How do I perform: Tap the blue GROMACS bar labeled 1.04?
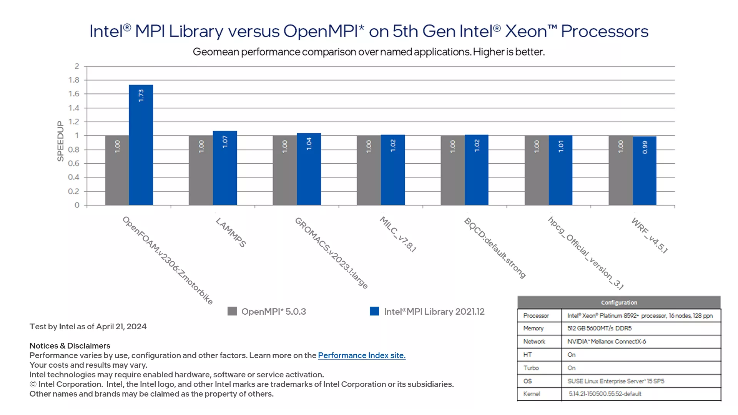pos(309,169)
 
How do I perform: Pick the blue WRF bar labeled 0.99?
pos(645,171)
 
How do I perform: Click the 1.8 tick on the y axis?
pos(74,80)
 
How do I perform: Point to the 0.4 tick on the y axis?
pos(74,177)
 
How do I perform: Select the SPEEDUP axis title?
pos(60,141)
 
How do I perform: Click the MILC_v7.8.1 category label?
pos(398,234)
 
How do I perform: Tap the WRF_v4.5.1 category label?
pos(650,235)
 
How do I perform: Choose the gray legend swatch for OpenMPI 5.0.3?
pos(232,311)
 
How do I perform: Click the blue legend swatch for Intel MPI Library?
pos(374,311)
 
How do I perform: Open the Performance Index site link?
pos(362,355)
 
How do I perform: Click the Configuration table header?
pos(619,302)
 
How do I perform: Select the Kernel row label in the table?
pos(532,394)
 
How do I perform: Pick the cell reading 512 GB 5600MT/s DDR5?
pos(599,328)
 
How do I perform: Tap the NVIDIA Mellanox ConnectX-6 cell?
pos(607,341)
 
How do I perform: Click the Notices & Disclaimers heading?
pos(70,346)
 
